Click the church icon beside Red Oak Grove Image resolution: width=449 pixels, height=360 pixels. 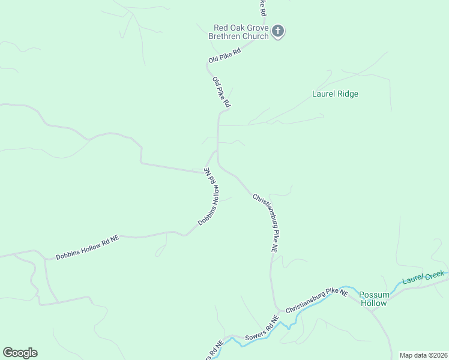point(277,31)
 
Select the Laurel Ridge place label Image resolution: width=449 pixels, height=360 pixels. point(335,94)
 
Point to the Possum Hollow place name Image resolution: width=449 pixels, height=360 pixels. point(374,299)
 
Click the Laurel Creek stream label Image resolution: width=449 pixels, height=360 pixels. point(423,277)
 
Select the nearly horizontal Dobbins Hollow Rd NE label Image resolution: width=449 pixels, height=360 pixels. point(88,247)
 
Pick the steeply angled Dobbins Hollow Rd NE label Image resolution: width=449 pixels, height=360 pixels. point(210,196)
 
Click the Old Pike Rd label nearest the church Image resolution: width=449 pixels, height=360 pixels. point(224,56)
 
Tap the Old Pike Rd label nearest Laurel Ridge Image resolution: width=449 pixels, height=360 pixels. point(221,92)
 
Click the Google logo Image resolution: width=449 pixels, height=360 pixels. point(20,353)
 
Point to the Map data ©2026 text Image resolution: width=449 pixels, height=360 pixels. point(423,355)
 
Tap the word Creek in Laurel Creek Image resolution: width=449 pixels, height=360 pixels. point(433,275)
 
